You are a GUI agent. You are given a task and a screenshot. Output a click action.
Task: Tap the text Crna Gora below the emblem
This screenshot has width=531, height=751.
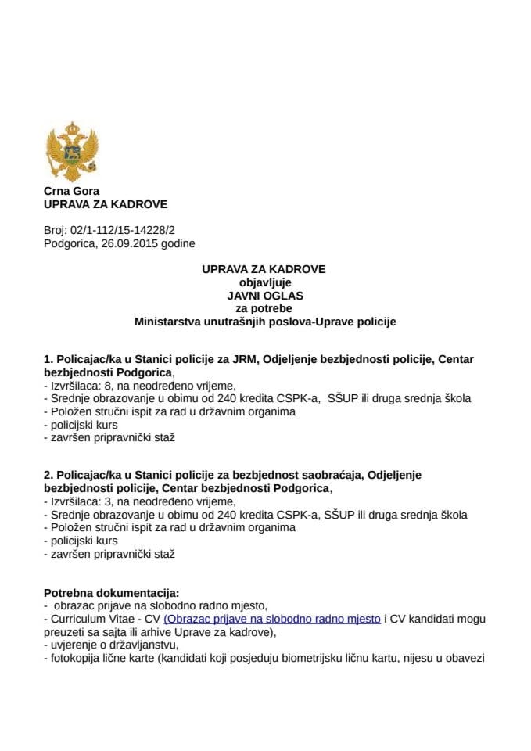71,191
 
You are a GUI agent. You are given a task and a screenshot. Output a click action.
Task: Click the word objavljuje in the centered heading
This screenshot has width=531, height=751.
264,282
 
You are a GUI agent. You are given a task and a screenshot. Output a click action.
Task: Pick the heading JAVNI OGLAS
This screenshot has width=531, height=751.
264,295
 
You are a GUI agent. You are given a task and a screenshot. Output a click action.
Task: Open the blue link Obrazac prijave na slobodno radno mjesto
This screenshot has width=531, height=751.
272,619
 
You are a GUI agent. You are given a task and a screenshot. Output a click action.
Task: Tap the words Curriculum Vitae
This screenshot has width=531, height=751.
90,619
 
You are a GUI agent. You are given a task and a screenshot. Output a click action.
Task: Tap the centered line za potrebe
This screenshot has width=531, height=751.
264,308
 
